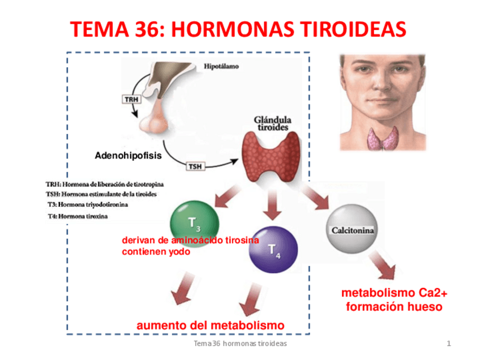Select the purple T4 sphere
click(x=273, y=249)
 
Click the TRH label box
click(x=131, y=99)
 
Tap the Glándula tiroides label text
click(x=273, y=123)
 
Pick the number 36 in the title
click(x=142, y=29)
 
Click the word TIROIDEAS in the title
click(x=345, y=29)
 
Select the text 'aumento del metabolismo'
click(x=211, y=325)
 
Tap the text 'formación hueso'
click(x=394, y=307)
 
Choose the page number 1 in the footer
click(x=448, y=344)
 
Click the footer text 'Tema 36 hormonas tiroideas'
click(x=240, y=344)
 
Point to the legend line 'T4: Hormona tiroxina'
click(x=79, y=216)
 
